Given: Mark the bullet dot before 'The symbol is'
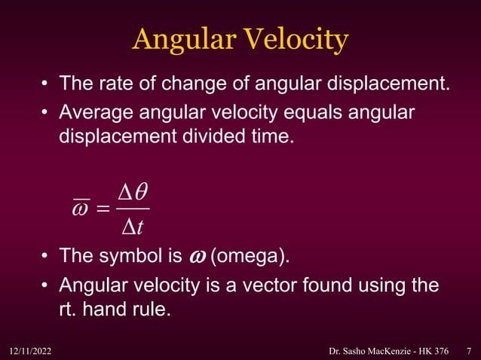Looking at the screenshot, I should click(x=45, y=257).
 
